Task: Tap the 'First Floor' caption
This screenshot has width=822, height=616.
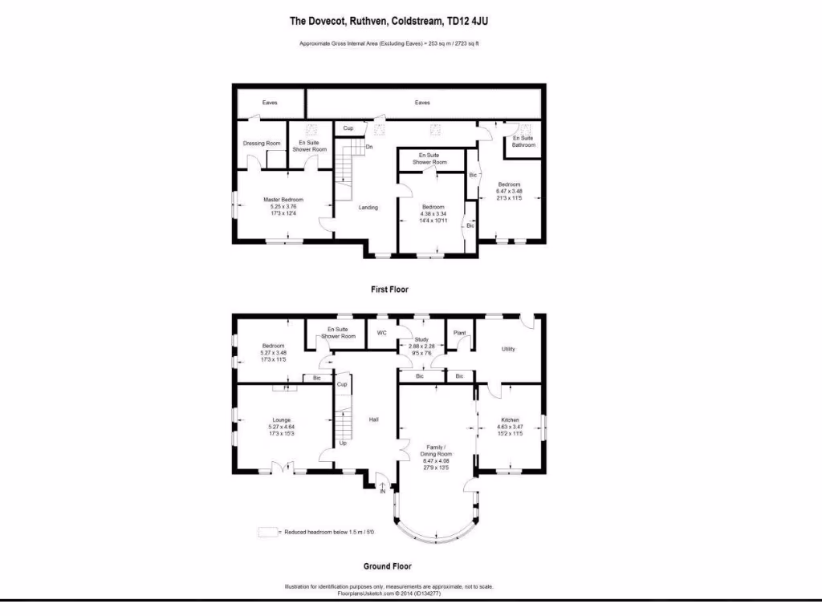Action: (389, 290)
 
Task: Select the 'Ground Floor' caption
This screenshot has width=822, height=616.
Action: (388, 566)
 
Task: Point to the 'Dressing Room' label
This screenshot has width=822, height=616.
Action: (262, 144)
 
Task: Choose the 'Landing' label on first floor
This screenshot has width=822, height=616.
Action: (368, 208)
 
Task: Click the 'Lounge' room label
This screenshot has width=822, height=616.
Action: (281, 420)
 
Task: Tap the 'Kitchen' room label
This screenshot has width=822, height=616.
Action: (511, 420)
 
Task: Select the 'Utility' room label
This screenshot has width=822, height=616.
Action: (508, 349)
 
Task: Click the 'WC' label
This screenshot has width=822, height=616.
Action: (382, 332)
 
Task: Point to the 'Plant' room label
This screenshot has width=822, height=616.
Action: (460, 332)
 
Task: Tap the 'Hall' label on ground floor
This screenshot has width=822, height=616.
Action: (373, 419)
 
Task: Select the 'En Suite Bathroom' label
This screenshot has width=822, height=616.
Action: (523, 142)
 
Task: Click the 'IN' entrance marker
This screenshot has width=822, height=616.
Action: (383, 491)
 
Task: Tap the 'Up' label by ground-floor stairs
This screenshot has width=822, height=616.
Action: (343, 443)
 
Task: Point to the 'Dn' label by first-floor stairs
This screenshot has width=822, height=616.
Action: (369, 147)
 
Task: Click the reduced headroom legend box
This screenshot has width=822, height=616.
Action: (267, 532)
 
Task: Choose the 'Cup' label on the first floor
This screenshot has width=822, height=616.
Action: (348, 128)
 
